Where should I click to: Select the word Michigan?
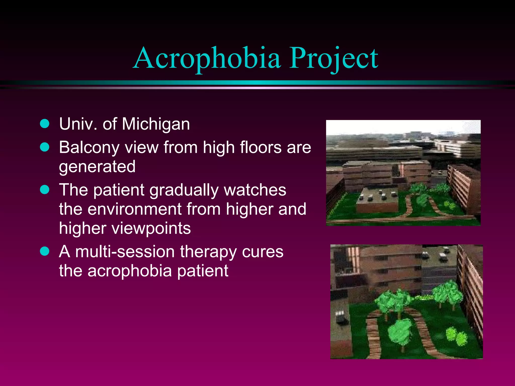156,124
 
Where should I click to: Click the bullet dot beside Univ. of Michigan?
45,124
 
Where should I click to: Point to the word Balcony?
89,148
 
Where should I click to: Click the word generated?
97,167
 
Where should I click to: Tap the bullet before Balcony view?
45,147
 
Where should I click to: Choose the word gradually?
184,190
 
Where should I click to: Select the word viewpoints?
151,228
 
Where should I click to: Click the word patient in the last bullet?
203,271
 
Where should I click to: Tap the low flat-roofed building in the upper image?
377,201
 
